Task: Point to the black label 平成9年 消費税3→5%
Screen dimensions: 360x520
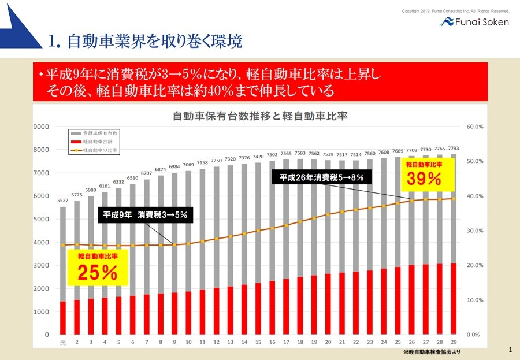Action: pyautogui.click(x=145, y=214)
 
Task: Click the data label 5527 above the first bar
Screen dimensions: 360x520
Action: pyautogui.click(x=62, y=201)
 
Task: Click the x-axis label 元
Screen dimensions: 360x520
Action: pyautogui.click(x=62, y=343)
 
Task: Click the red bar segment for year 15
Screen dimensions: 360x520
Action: pyautogui.click(x=258, y=309)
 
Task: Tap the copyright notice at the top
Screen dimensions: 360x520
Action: pyautogui.click(x=455, y=11)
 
